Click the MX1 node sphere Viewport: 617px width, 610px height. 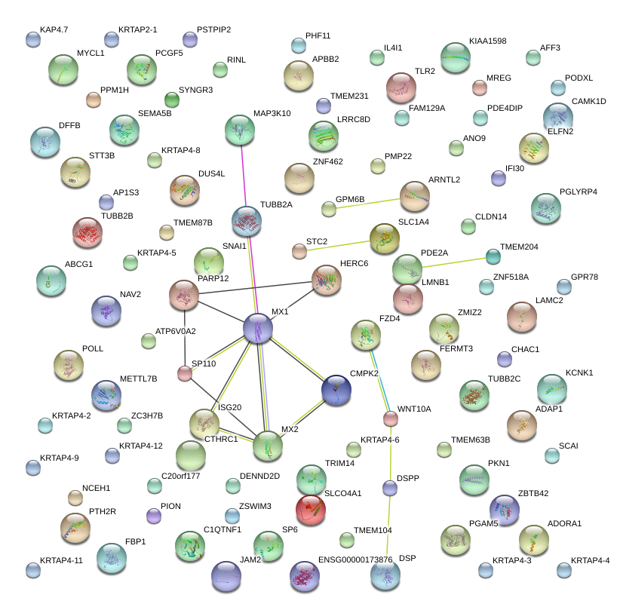click(x=258, y=329)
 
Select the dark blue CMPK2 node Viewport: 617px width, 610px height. click(x=336, y=390)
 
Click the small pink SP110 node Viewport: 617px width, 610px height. click(x=185, y=372)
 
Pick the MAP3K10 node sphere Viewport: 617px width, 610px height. click(x=241, y=130)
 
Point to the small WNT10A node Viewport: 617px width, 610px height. click(x=390, y=418)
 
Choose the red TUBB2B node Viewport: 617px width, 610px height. click(x=87, y=233)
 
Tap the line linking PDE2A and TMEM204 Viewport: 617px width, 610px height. click(x=453, y=262)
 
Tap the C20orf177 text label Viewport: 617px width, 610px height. click(x=181, y=476)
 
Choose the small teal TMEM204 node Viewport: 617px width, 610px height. click(x=493, y=256)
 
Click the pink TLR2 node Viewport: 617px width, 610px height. click(x=401, y=87)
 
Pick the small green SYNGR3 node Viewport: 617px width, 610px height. click(x=172, y=100)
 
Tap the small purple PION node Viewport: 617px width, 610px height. click(x=154, y=515)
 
